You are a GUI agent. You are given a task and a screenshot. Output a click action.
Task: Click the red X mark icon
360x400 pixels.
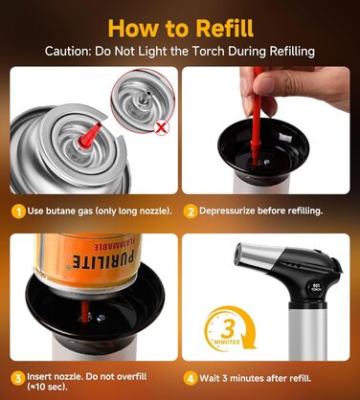pos(162,128)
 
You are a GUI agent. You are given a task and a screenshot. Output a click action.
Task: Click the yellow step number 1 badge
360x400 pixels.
pos(18,211)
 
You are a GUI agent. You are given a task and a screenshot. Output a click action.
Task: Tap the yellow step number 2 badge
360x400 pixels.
pos(191,211)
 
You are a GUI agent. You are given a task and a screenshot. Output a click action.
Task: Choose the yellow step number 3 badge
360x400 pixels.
pos(18,378)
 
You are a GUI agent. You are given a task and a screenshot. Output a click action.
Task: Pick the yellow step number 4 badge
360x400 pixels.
pos(191,379)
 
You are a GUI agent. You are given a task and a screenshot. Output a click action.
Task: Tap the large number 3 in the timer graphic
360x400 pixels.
pos(228,330)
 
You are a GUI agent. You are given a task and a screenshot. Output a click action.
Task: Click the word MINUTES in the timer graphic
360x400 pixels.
pos(227,343)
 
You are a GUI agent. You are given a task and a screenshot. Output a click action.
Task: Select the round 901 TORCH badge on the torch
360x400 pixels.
pos(316,287)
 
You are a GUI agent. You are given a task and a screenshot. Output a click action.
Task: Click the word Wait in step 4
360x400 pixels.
pos(210,378)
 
